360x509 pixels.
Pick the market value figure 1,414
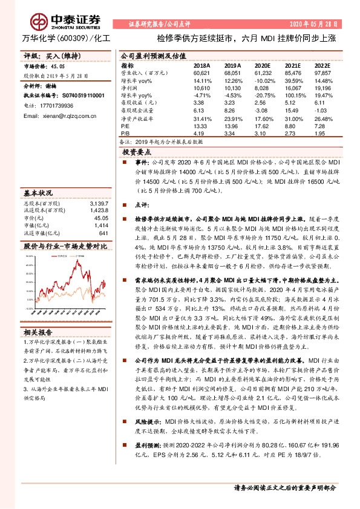pyautogui.click(x=101, y=225)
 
